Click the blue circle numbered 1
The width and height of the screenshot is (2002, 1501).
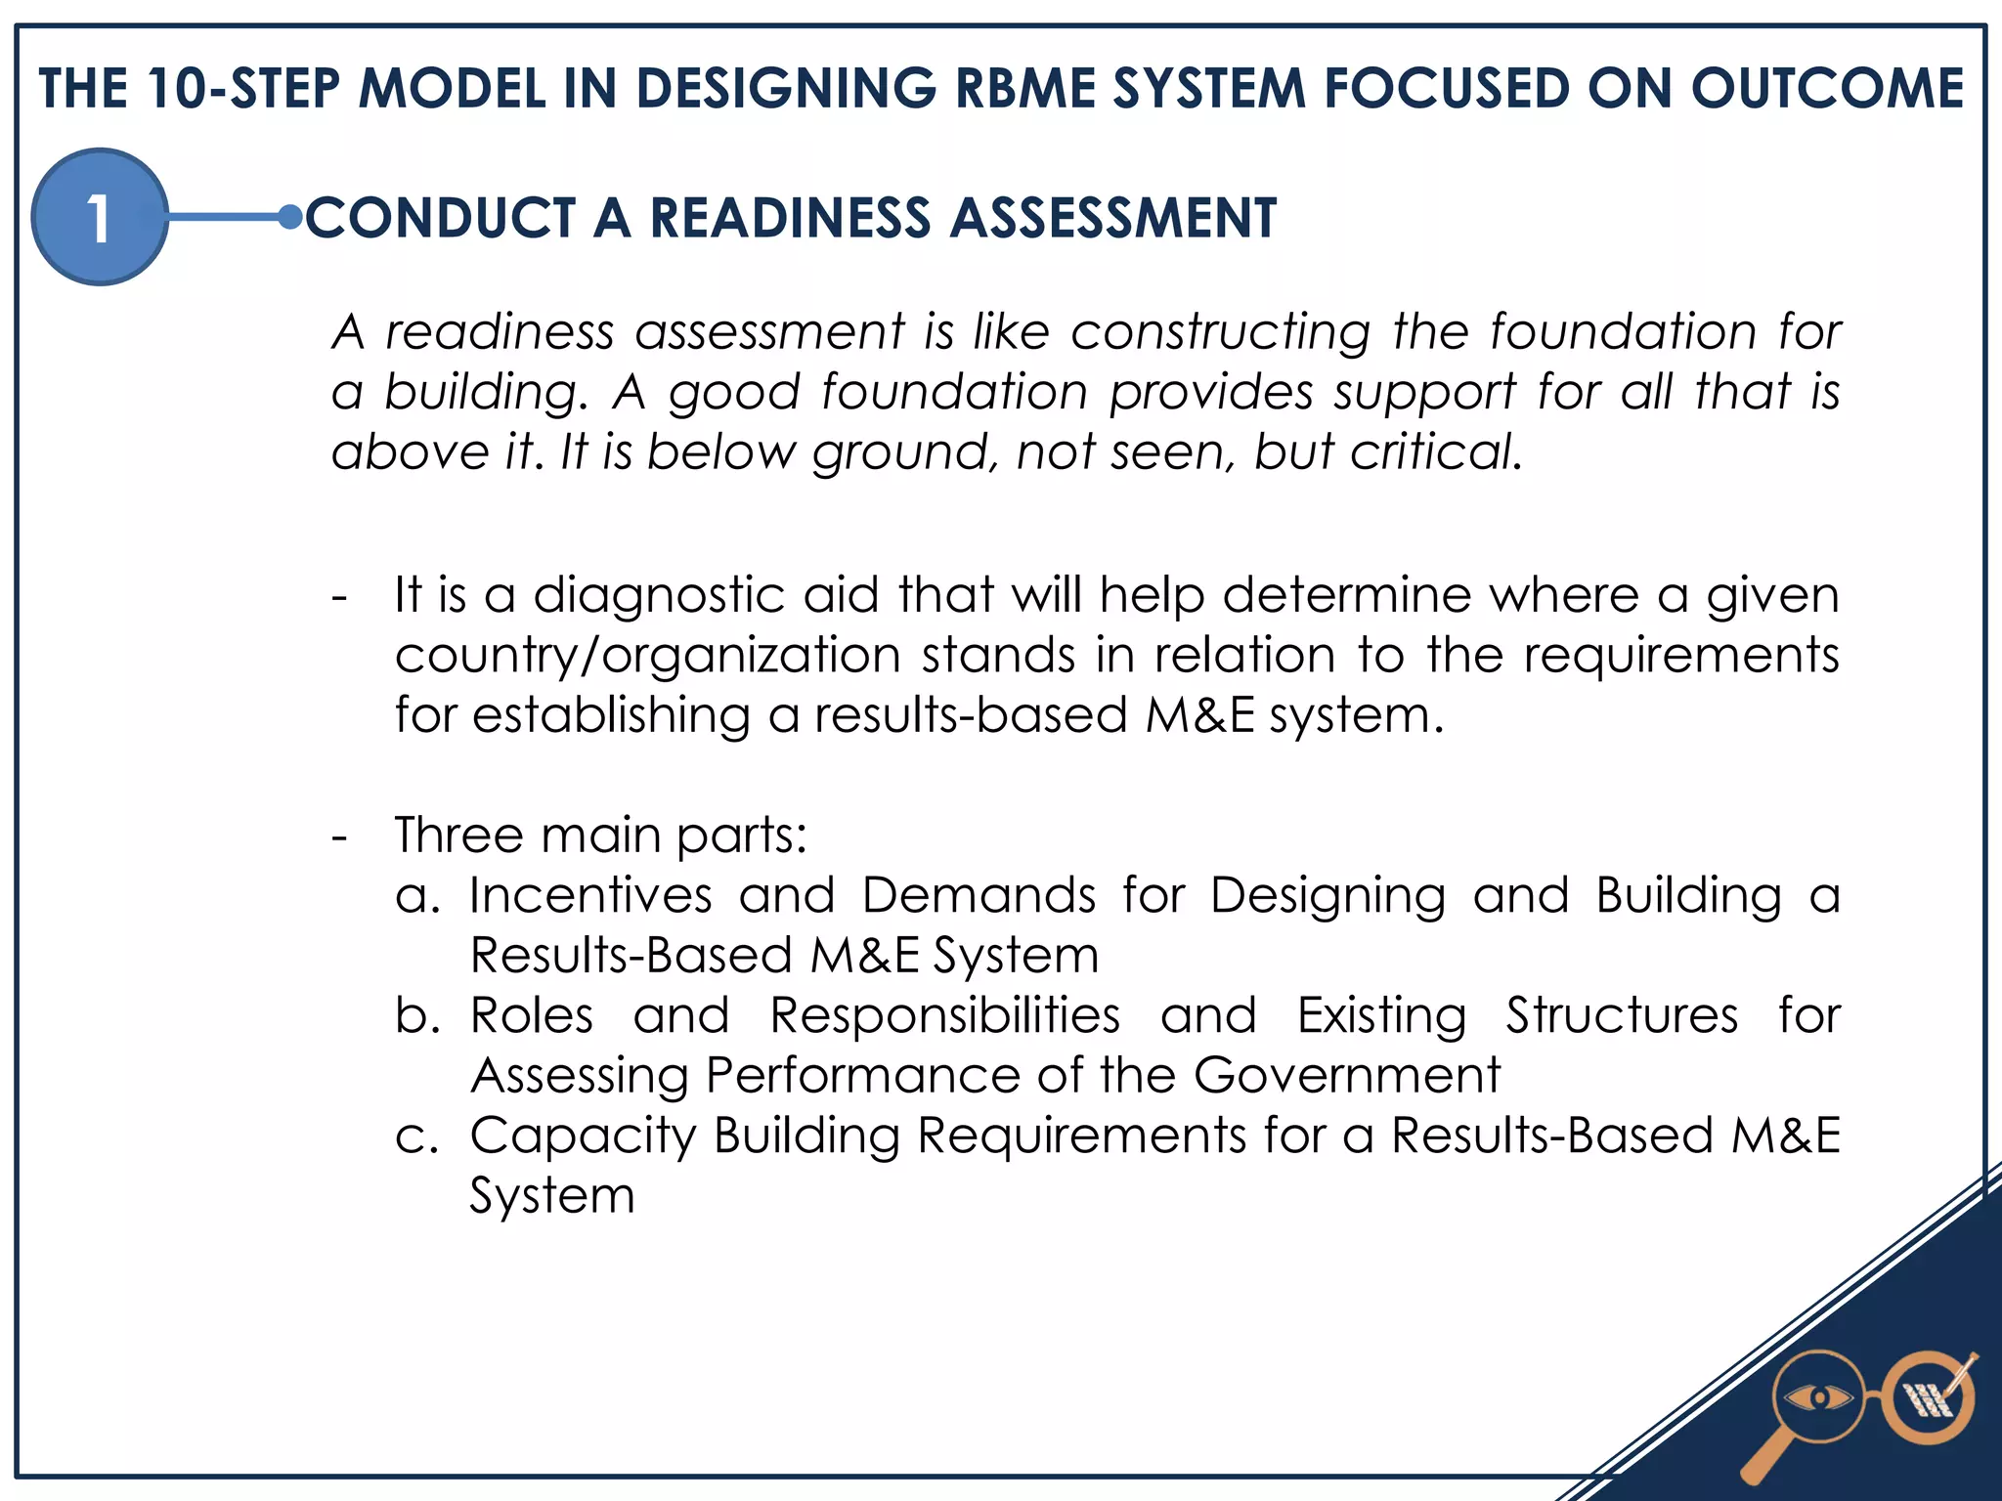coord(99,217)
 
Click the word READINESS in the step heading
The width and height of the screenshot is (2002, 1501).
coord(790,217)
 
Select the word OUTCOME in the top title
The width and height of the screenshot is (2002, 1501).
coord(1827,89)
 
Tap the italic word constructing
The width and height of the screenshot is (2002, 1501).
coord(1221,332)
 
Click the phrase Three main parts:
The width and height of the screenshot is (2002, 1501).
coord(600,836)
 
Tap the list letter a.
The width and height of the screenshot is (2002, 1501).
coord(414,897)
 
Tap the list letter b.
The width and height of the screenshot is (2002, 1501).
coord(414,1016)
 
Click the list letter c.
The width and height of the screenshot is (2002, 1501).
coord(414,1137)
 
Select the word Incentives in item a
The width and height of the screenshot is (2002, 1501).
coord(590,895)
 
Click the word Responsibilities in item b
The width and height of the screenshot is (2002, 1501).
coord(944,1015)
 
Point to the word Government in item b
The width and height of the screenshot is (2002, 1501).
coord(1346,1076)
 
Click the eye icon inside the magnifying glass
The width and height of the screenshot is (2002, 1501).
coord(1818,1398)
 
